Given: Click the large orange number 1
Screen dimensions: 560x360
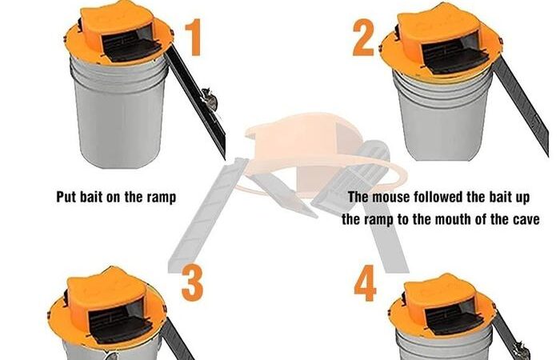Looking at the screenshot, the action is click(x=194, y=38).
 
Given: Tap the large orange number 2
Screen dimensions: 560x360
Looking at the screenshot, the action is click(x=363, y=38).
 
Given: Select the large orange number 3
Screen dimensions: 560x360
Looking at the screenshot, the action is click(x=192, y=283).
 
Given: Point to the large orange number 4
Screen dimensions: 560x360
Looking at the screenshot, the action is click(x=365, y=283).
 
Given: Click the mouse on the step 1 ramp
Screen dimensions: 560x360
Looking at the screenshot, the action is click(x=210, y=100).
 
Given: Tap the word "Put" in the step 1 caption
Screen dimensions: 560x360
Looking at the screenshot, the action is click(x=66, y=197).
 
